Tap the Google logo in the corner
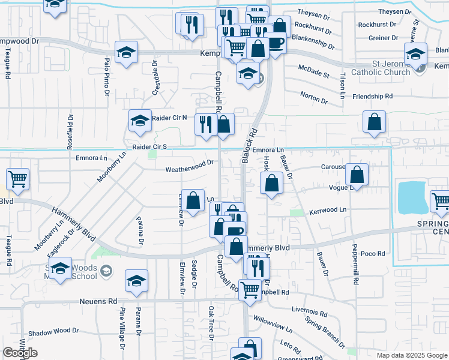click(x=20, y=353)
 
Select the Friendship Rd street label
click(x=372, y=96)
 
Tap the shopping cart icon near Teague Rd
click(x=18, y=178)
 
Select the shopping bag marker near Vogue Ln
click(x=357, y=175)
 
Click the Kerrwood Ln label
click(x=328, y=211)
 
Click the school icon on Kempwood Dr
click(x=127, y=53)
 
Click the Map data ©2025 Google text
click(x=411, y=355)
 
